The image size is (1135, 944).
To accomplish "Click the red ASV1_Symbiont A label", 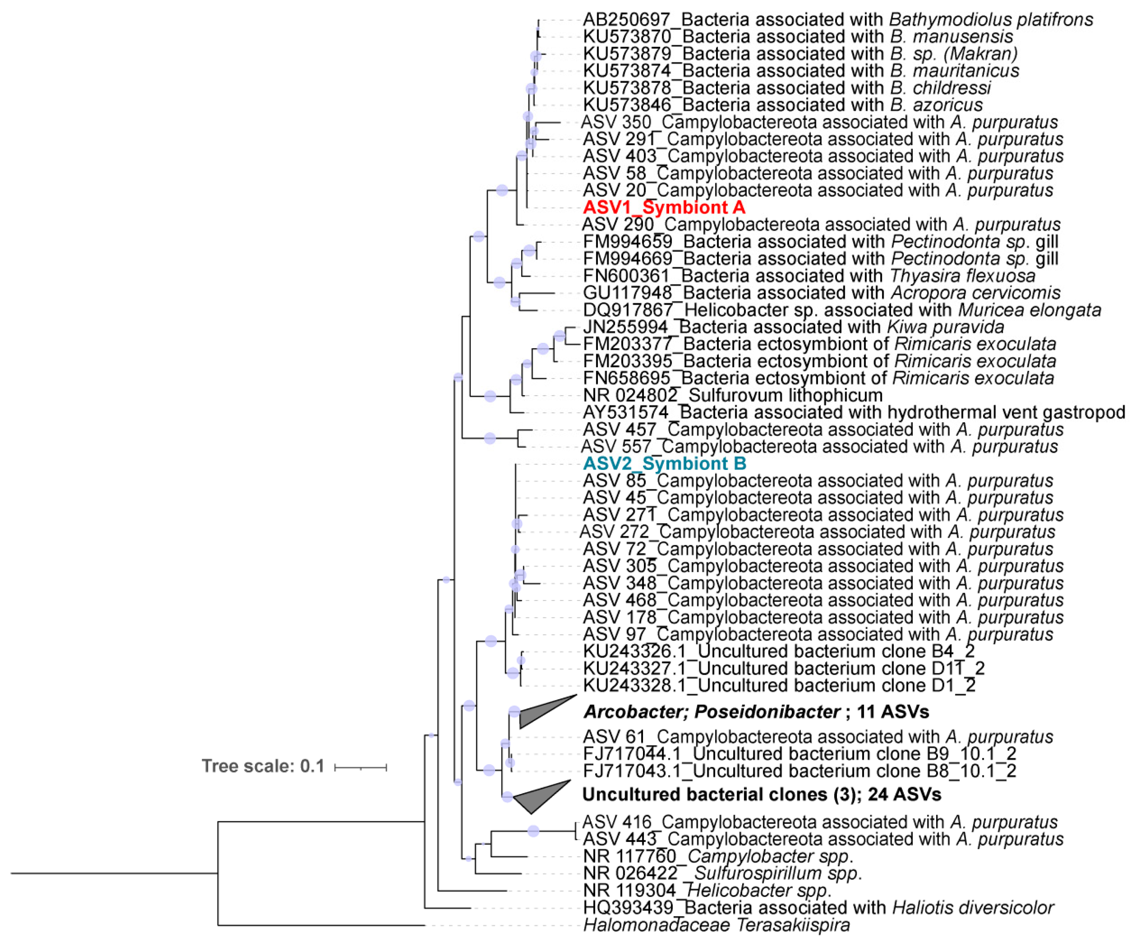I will [x=664, y=208].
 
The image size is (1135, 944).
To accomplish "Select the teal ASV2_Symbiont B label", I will [x=664, y=464].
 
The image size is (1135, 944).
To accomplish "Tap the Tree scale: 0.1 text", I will [x=263, y=766].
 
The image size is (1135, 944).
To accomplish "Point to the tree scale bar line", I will [x=361, y=767].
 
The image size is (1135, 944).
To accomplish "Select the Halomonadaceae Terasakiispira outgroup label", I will [x=716, y=925].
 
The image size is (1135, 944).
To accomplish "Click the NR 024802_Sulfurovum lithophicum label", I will [x=732, y=395].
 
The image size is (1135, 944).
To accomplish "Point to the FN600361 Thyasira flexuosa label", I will [x=809, y=276].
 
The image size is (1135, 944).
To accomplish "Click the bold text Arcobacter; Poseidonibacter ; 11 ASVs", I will [x=756, y=712].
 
